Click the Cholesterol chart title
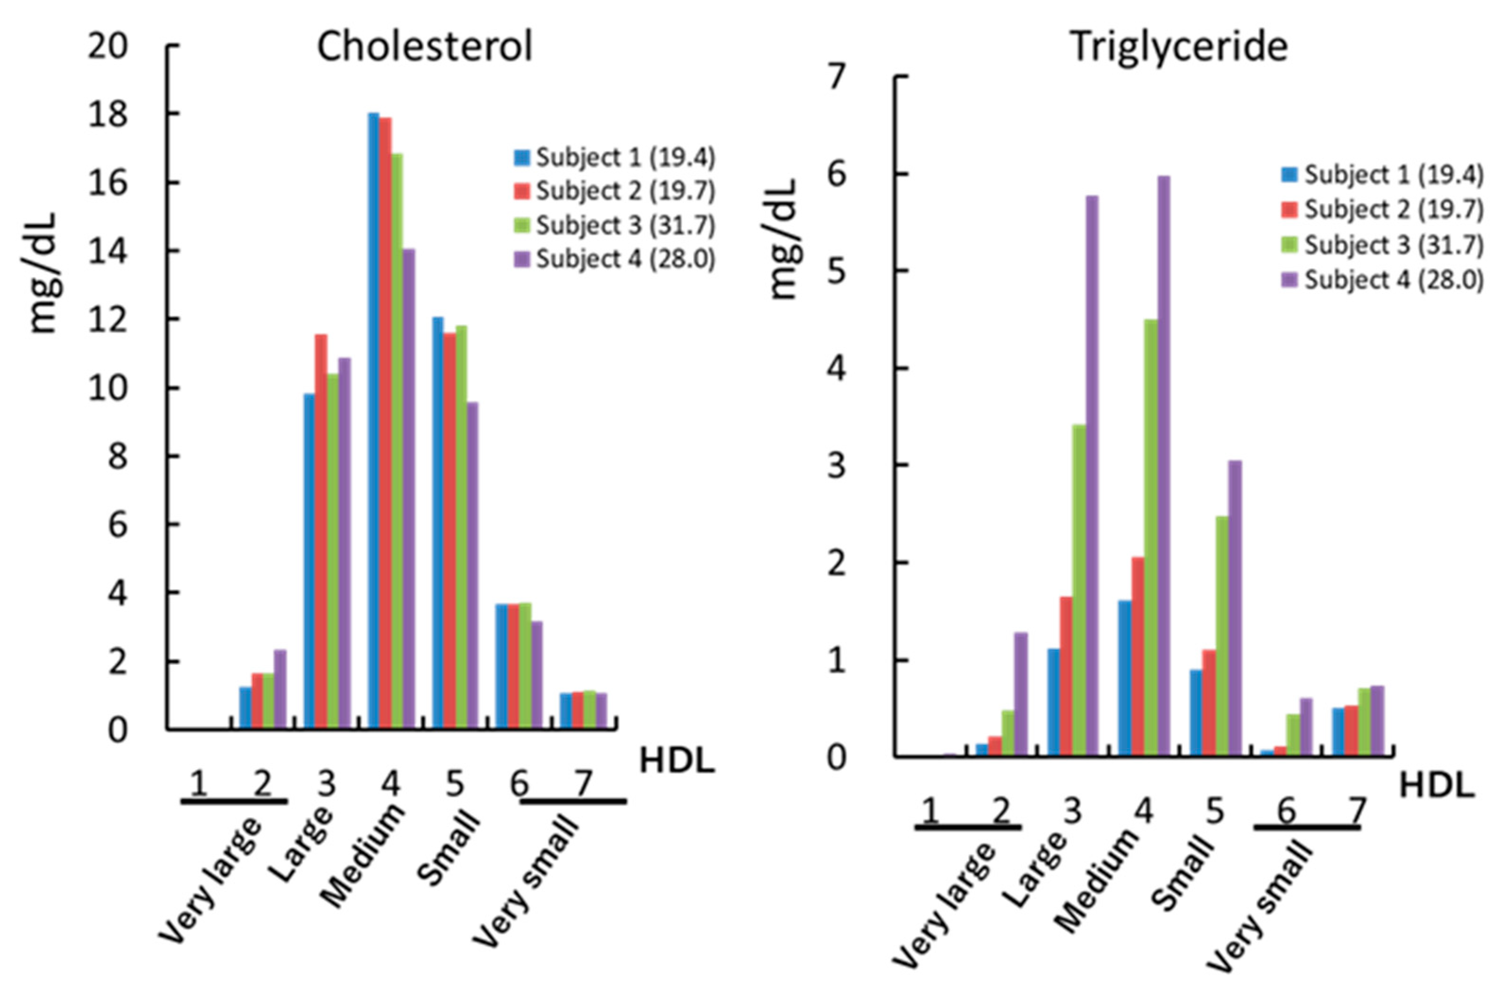[425, 47]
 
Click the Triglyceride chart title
[1179, 47]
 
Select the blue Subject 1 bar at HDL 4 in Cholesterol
[374, 420]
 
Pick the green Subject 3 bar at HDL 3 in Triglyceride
[1079, 590]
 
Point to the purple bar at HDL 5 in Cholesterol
[472, 565]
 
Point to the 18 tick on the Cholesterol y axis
[107, 115]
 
